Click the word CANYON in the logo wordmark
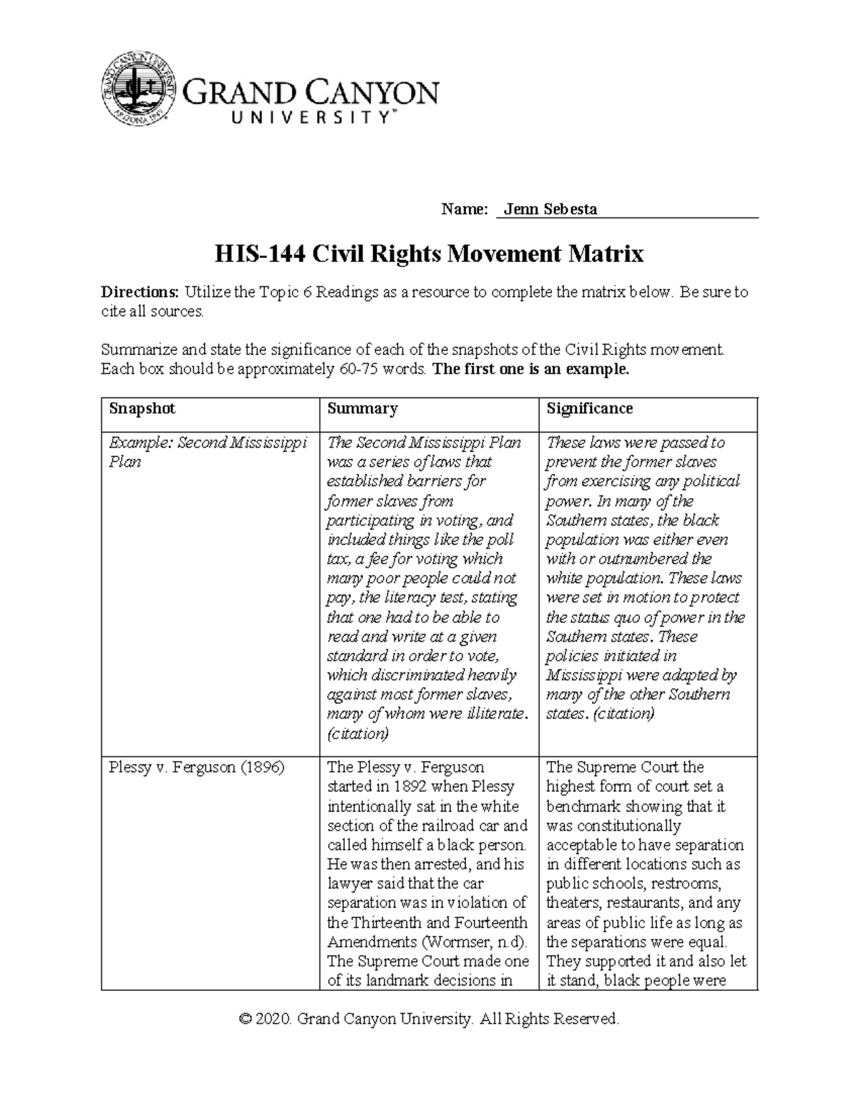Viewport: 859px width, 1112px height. tap(373, 94)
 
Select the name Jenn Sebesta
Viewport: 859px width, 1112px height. tap(550, 209)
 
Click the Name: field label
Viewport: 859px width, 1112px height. tap(464, 209)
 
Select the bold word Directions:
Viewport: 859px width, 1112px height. tap(140, 292)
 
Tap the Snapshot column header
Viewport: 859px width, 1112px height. tap(142, 409)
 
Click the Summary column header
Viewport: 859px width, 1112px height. tap(362, 409)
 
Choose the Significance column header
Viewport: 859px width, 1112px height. tap(589, 409)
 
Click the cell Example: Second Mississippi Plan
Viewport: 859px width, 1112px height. tap(207, 452)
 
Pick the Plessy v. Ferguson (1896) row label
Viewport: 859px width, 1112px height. tap(196, 768)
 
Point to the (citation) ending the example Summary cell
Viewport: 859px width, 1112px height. tap(357, 733)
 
